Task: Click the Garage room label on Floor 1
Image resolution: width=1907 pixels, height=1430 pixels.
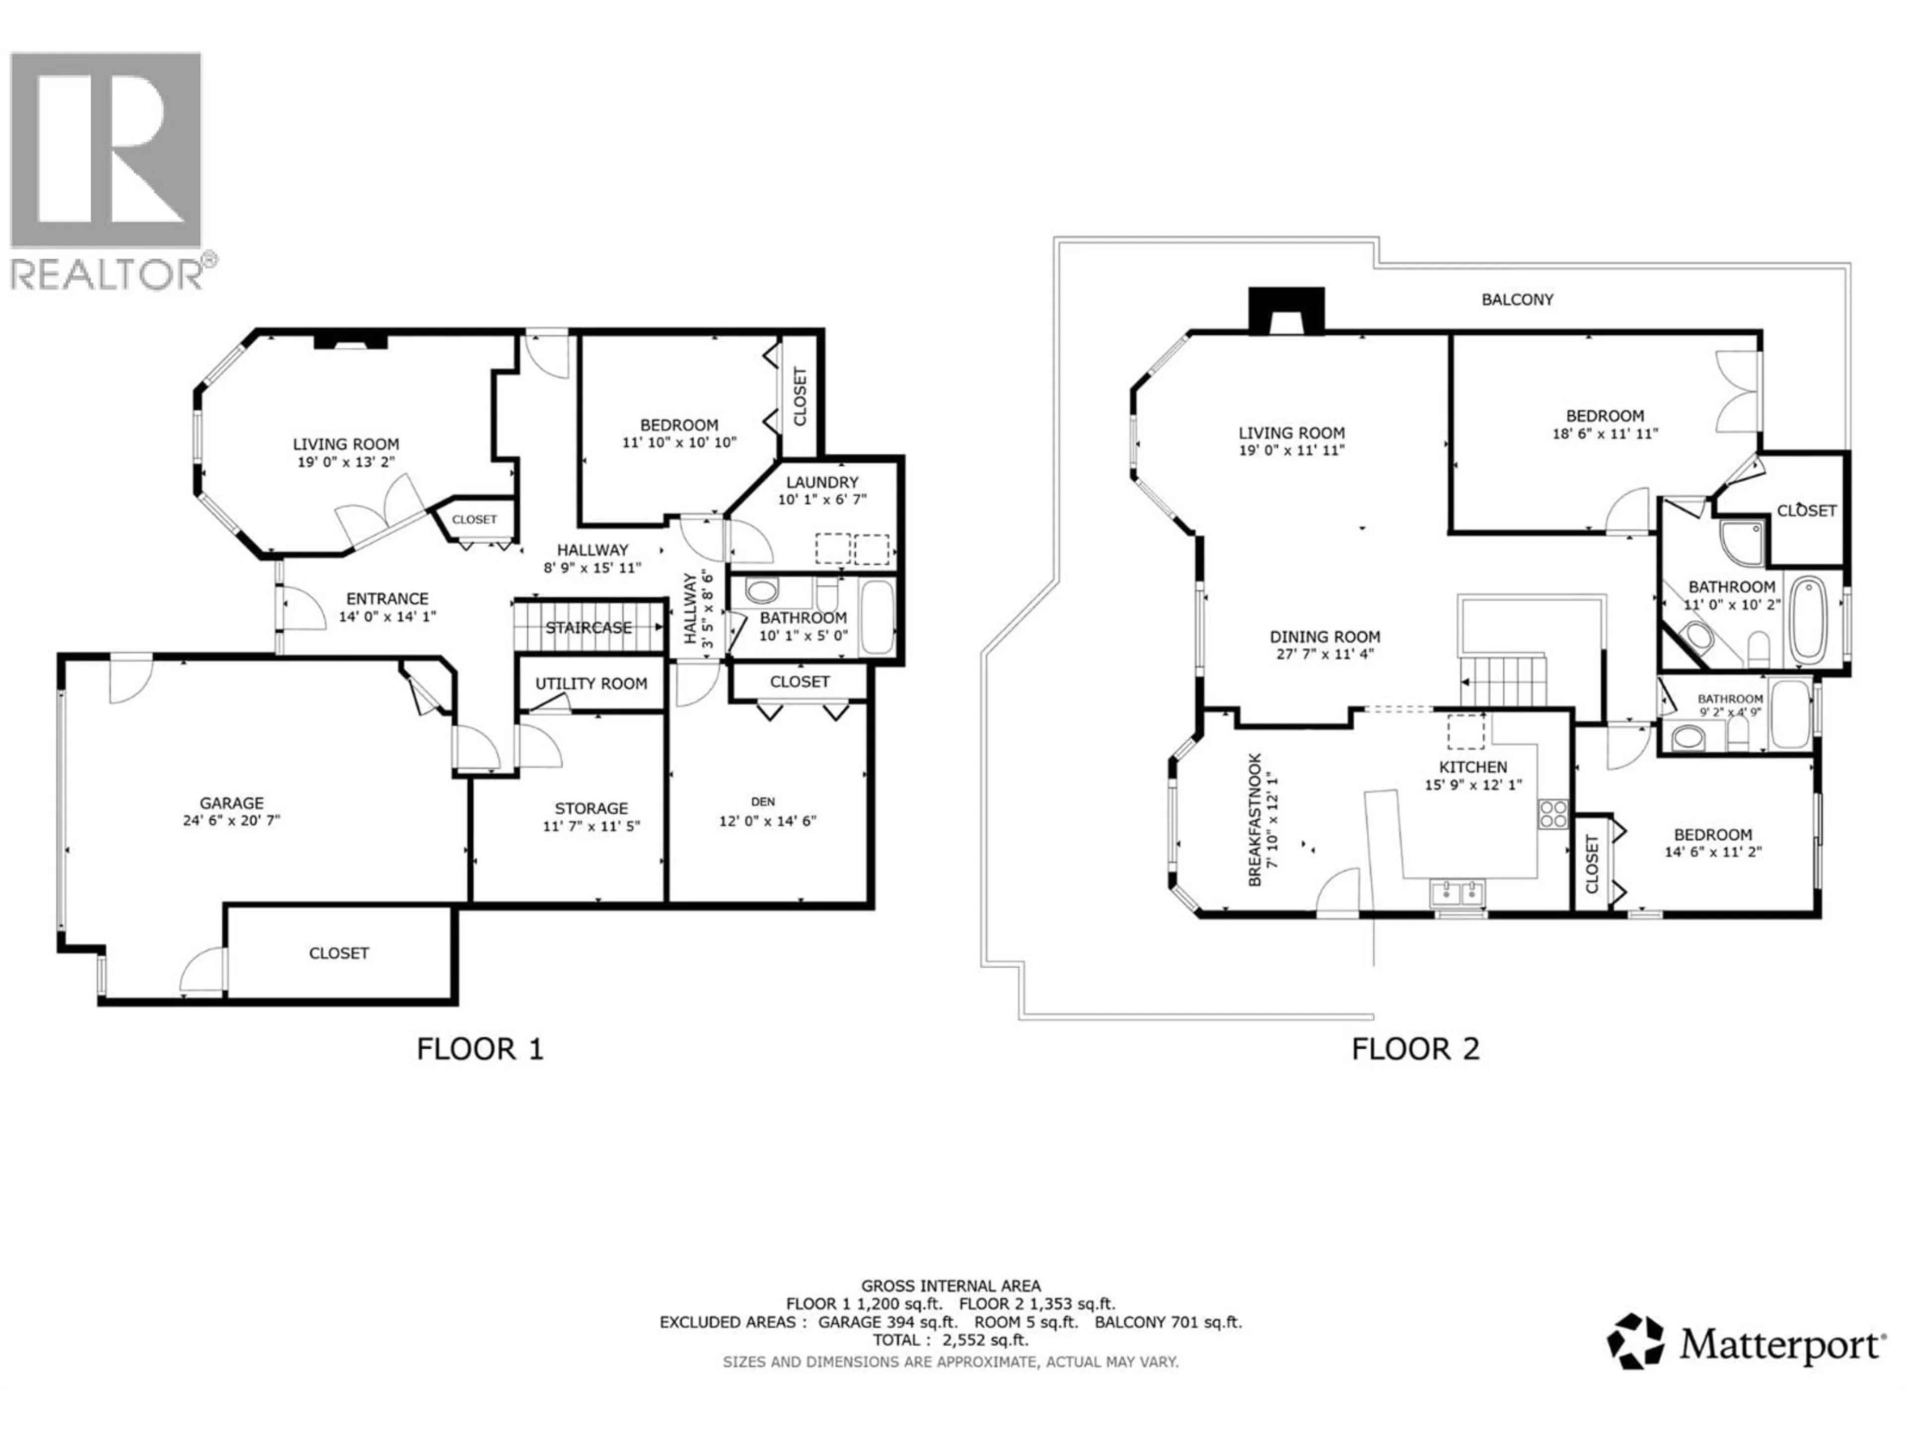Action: click(x=231, y=802)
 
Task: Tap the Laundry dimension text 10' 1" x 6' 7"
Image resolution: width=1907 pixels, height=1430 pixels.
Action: click(x=821, y=499)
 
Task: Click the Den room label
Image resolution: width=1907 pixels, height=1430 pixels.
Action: click(x=762, y=801)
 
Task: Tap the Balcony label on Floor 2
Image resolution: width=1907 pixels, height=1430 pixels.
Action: click(x=1517, y=299)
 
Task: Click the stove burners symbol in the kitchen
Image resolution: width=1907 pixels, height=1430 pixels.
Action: click(x=1553, y=814)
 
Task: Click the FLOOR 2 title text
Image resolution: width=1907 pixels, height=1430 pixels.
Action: click(x=1415, y=1049)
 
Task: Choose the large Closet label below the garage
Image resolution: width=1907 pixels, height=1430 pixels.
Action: click(x=339, y=952)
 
